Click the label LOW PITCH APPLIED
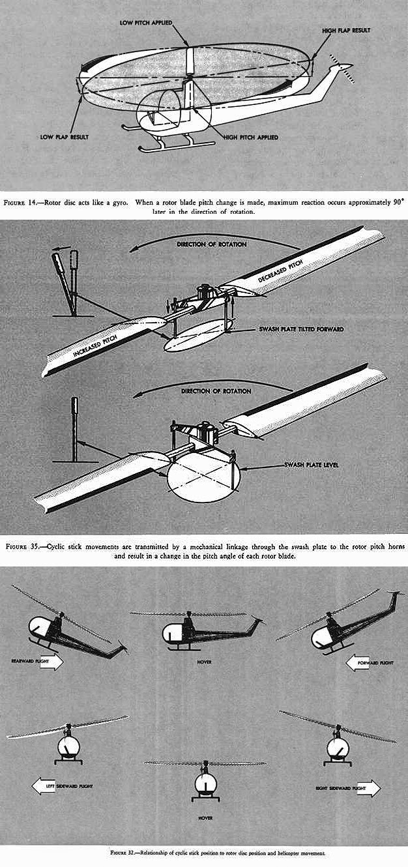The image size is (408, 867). (145, 22)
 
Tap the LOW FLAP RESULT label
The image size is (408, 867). (64, 137)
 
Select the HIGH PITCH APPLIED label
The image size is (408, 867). (250, 138)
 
